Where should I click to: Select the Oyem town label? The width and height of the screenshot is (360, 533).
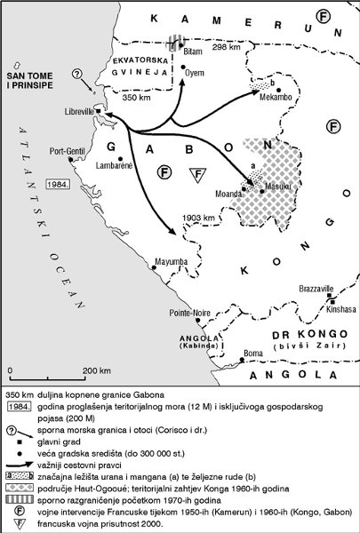[194, 73]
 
